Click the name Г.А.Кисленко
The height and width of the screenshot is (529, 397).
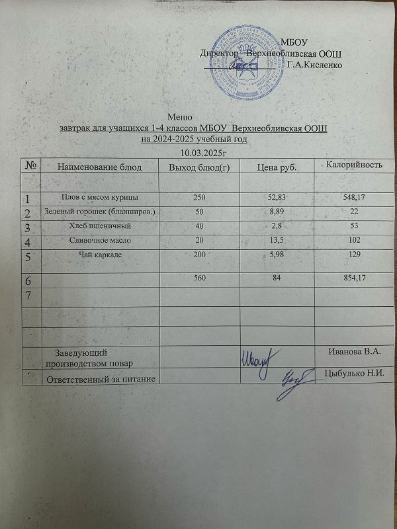click(315, 65)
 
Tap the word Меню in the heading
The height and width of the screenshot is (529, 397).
click(179, 117)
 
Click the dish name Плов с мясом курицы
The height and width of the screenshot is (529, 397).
click(99, 197)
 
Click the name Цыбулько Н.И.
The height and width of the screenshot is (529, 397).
click(355, 372)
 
